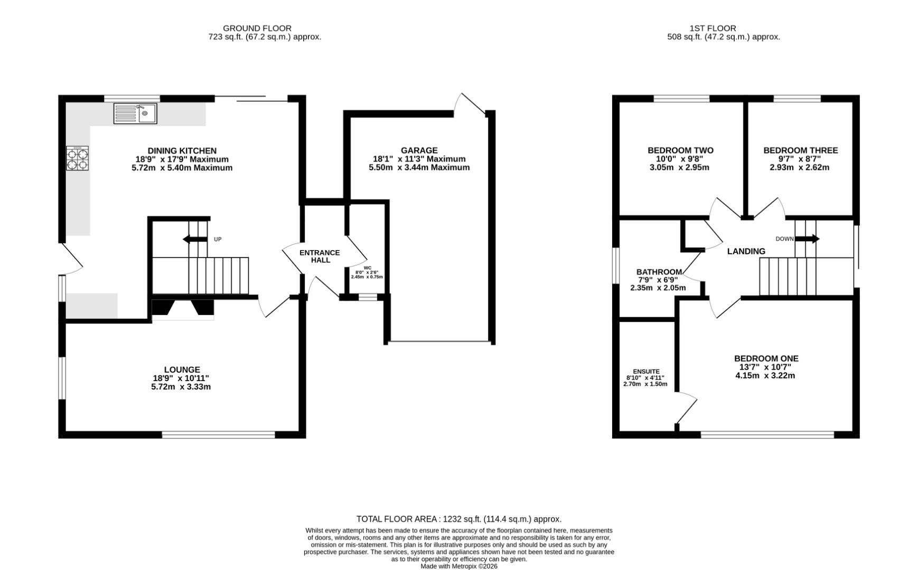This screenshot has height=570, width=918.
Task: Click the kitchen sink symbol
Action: click(135, 113)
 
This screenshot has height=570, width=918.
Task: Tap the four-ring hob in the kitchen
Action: click(77, 158)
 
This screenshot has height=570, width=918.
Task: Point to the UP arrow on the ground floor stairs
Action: click(195, 240)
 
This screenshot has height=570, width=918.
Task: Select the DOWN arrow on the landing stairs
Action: click(807, 239)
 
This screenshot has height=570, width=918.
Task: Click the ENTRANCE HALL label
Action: click(320, 256)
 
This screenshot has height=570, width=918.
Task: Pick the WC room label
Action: click(367, 268)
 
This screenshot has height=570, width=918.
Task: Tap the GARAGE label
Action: click(419, 150)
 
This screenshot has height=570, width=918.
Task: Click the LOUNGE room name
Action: click(182, 370)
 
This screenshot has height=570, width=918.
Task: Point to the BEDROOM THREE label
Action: click(800, 150)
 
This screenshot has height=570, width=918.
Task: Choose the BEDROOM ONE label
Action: click(766, 358)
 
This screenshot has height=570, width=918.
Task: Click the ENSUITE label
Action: click(646, 372)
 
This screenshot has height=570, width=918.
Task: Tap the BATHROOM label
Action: click(659, 272)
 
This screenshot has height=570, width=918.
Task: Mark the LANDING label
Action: click(746, 252)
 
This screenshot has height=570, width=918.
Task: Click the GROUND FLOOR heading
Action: click(257, 28)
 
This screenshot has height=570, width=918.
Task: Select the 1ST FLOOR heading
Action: click(713, 28)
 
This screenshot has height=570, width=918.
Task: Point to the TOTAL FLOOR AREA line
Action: click(459, 519)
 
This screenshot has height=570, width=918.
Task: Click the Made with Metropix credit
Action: click(459, 566)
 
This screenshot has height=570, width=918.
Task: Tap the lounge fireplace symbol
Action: click(183, 310)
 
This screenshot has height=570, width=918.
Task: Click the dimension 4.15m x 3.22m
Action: click(765, 376)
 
